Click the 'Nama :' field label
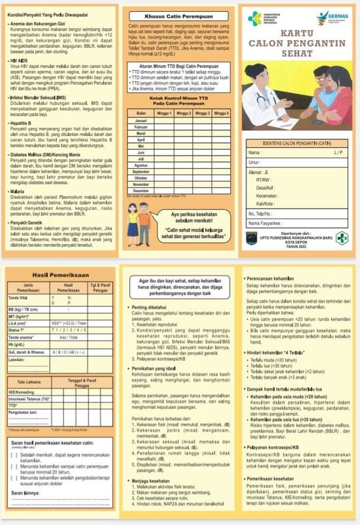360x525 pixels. (x=254, y=152)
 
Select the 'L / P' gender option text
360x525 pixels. (x=336, y=152)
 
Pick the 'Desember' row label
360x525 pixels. (x=141, y=191)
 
